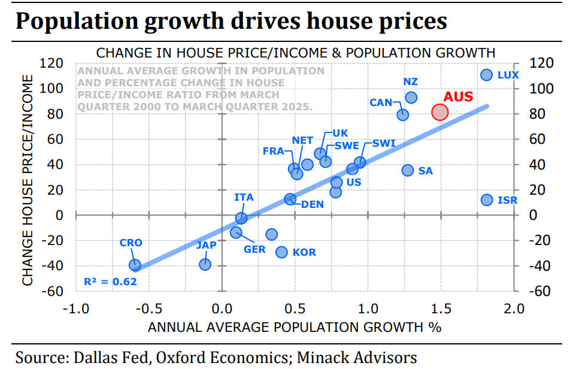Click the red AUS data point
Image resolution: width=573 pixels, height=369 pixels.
[x=439, y=112]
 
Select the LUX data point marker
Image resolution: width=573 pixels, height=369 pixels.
[x=486, y=75]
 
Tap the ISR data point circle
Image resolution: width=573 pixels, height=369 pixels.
[x=487, y=199]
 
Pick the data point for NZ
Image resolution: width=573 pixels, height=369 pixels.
[x=411, y=98]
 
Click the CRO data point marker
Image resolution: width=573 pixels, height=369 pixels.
[x=135, y=265]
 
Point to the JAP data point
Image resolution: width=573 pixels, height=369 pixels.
[x=205, y=264]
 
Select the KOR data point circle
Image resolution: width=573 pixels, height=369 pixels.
[x=281, y=252]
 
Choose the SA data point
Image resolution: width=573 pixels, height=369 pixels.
[x=408, y=170]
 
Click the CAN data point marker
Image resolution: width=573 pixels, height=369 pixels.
[x=403, y=114]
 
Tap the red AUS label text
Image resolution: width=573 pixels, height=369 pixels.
[x=458, y=96]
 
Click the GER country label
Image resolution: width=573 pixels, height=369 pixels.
[x=254, y=249]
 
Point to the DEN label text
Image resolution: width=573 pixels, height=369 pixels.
[x=312, y=204]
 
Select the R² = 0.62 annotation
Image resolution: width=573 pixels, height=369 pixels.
[x=110, y=282]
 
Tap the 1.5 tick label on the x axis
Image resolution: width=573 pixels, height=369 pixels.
[x=441, y=309]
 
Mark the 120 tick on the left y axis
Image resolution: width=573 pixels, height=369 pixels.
[x=51, y=63]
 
